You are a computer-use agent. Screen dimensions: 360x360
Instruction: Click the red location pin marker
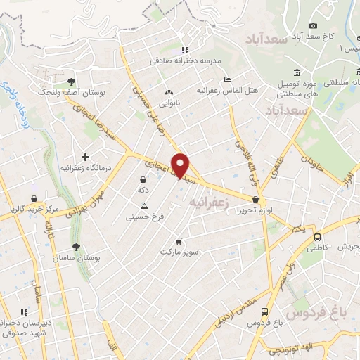[x=181, y=165]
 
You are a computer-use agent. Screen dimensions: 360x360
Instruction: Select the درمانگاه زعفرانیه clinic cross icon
[x=86, y=156]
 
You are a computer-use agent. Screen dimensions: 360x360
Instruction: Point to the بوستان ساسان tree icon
[x=76, y=246]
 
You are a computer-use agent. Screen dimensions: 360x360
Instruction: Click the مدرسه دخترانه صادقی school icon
[x=185, y=50]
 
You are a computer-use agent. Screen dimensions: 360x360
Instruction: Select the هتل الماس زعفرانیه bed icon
[x=226, y=79]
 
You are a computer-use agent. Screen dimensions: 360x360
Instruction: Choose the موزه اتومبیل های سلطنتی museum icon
[x=297, y=73]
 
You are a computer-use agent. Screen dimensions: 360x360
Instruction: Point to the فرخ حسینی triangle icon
[x=144, y=206]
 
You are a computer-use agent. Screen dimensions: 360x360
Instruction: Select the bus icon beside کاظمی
[x=318, y=237]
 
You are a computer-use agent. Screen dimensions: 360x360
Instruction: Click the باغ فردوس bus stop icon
[x=264, y=311]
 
